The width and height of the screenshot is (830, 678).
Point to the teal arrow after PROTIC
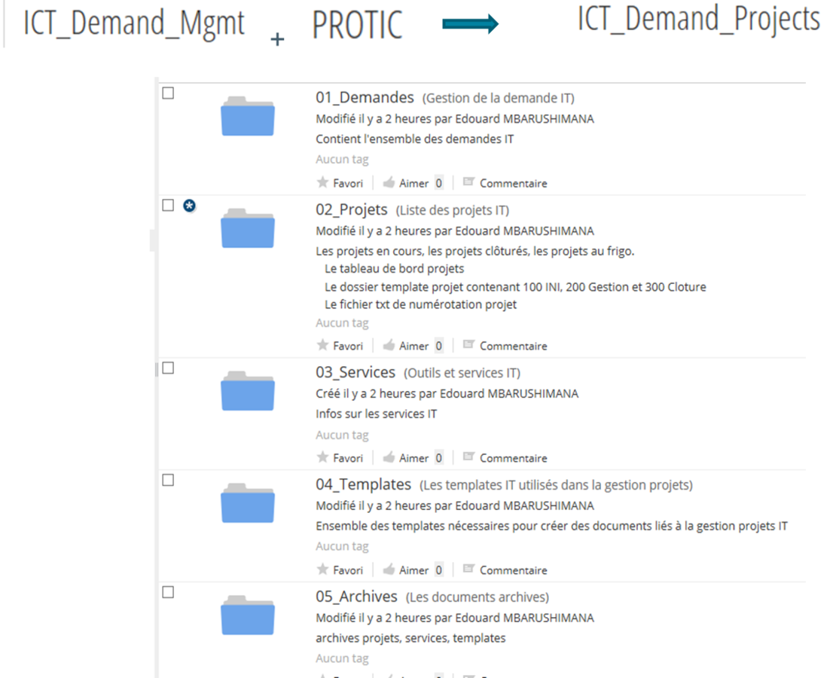pyautogui.click(x=471, y=25)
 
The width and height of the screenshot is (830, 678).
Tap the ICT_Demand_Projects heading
pyautogui.click(x=698, y=20)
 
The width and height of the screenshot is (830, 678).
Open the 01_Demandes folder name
pyautogui.click(x=365, y=97)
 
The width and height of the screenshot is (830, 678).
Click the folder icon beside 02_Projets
pyautogui.click(x=248, y=228)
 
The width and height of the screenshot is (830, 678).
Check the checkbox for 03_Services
pyautogui.click(x=169, y=368)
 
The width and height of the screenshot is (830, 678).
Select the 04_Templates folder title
pyautogui.click(x=363, y=484)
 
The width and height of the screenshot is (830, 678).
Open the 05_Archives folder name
pyautogui.click(x=356, y=597)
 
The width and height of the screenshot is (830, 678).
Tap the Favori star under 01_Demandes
pyautogui.click(x=323, y=182)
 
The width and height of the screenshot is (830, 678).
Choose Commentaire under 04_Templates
pyautogui.click(x=513, y=570)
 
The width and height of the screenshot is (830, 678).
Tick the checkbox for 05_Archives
pyautogui.click(x=169, y=592)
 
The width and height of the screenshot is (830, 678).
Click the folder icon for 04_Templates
pyautogui.click(x=248, y=502)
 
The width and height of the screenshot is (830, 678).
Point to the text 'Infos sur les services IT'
pyautogui.click(x=376, y=414)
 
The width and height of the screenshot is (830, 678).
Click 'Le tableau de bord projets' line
pyautogui.click(x=394, y=268)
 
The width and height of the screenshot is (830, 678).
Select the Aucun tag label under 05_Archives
pyautogui.click(x=342, y=658)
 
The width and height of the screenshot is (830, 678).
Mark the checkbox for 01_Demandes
pyautogui.click(x=169, y=93)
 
